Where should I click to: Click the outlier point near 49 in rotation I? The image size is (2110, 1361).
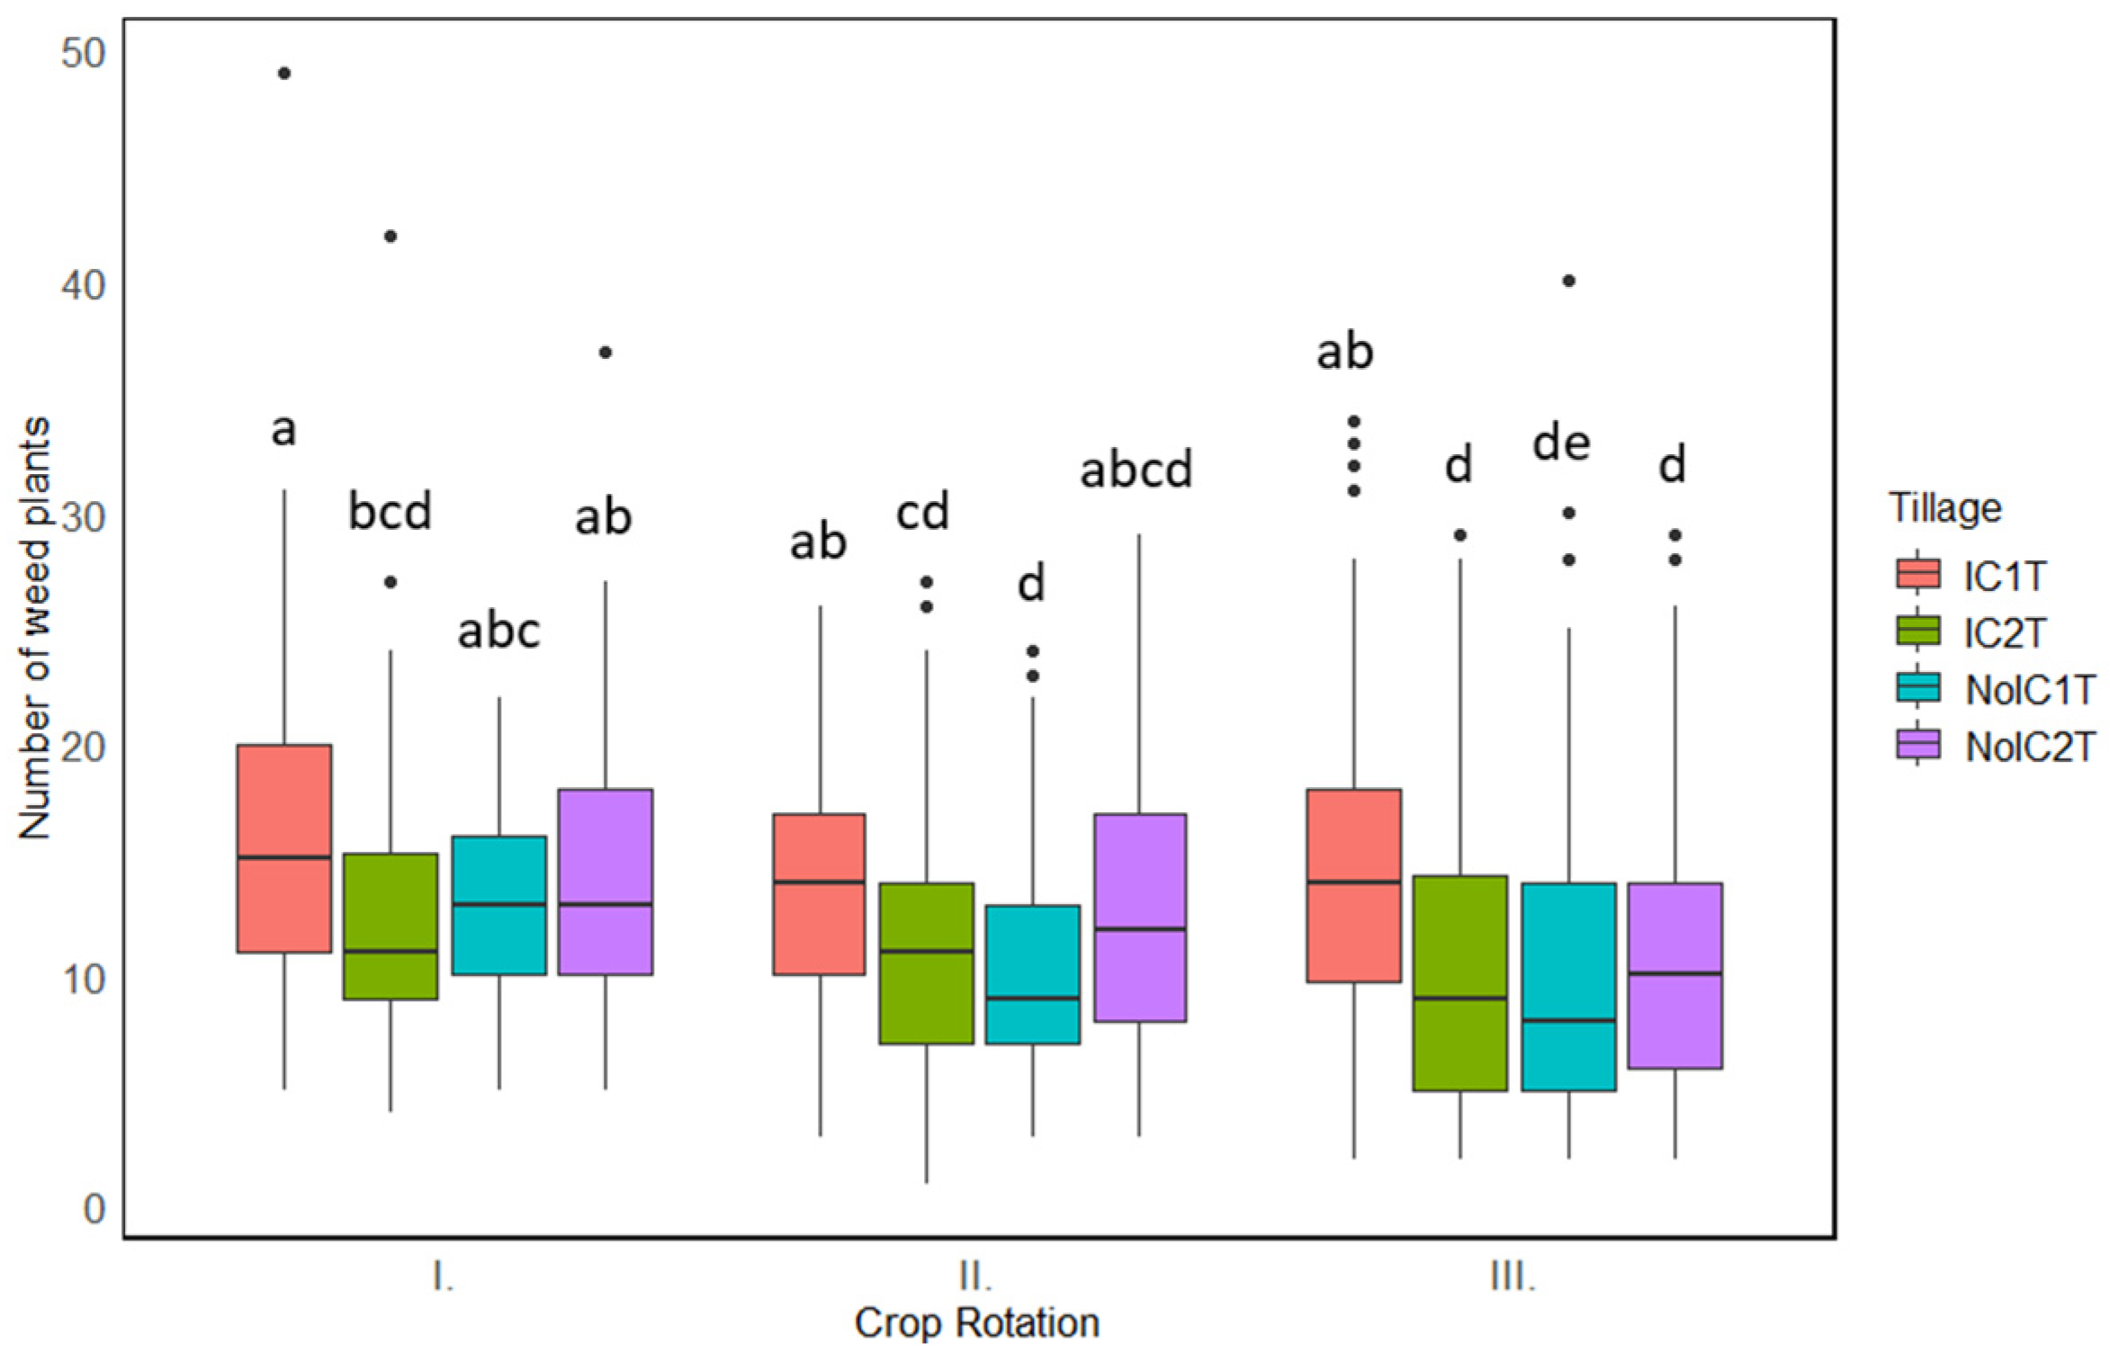point(284,73)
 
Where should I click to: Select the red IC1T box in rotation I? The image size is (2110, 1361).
point(284,847)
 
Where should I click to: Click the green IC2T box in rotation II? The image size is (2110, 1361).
point(926,963)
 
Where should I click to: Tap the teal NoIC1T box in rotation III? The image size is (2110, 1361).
point(1568,987)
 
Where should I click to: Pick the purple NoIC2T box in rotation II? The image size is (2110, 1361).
point(1139,917)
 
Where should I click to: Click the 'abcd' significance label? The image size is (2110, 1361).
point(1136,470)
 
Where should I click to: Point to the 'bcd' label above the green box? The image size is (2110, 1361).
point(390,511)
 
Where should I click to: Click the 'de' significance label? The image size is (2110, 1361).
point(1561,443)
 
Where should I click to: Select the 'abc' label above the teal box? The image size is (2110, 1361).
point(498,631)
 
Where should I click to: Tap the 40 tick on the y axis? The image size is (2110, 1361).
point(83,286)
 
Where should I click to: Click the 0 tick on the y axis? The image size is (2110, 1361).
point(94,1209)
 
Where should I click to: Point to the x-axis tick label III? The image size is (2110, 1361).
point(1513,1276)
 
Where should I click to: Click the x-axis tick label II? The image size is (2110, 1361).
point(975,1276)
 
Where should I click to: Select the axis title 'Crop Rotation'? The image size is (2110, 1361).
point(976,1323)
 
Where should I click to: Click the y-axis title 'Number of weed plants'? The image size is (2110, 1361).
point(35,628)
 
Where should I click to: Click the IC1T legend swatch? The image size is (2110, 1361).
point(1917,573)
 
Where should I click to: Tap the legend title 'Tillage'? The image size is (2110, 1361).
point(1944,508)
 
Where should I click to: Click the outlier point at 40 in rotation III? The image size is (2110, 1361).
point(1568,281)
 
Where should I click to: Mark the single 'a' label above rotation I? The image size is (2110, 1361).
point(283,430)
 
